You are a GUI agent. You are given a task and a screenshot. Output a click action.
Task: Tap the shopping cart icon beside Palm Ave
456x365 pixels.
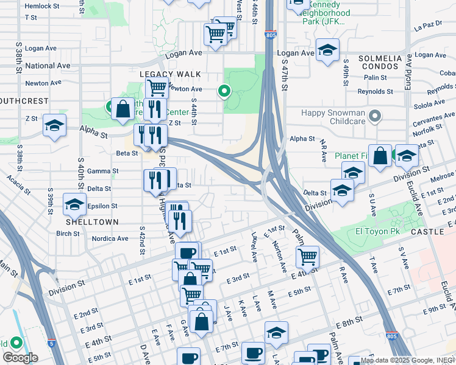coord(308,257)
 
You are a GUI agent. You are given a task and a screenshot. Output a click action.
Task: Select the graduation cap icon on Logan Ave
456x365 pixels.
coord(327,51)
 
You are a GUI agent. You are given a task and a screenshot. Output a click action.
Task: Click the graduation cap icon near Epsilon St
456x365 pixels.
coord(74,204)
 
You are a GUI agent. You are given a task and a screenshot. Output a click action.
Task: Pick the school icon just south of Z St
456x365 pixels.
coord(54,127)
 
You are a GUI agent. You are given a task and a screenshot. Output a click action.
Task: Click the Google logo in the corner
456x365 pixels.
coord(20,358)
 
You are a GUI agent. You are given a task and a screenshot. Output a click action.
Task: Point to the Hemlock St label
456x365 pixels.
coord(38,6)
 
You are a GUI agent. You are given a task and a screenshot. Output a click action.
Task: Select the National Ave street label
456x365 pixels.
coord(48,66)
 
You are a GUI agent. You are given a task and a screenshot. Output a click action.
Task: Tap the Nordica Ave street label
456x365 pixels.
coord(110,238)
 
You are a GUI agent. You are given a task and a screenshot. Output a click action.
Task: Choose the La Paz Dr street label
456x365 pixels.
coord(427,27)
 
